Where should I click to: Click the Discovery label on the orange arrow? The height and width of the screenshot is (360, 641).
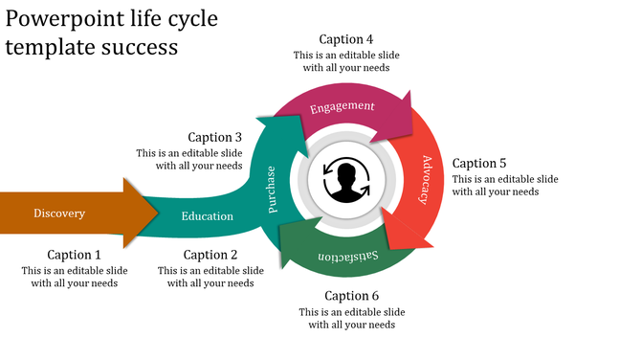(x=59, y=214)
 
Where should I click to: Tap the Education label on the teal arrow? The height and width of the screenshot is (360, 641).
(x=207, y=216)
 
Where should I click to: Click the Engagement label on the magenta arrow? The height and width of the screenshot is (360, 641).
(x=342, y=106)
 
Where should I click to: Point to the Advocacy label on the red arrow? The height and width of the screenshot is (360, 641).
(x=426, y=180)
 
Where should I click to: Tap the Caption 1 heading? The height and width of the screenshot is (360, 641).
(x=75, y=255)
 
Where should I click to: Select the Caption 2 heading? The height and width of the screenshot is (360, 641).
(x=210, y=255)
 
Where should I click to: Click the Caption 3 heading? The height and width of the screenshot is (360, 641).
(x=215, y=137)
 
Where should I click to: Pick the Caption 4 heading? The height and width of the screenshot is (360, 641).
(x=346, y=39)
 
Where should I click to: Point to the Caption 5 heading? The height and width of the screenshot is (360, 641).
(x=479, y=163)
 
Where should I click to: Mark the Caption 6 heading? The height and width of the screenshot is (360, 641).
(x=351, y=296)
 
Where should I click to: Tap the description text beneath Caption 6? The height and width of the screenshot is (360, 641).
(x=351, y=319)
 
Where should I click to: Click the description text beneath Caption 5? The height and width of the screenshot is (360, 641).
(x=505, y=186)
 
